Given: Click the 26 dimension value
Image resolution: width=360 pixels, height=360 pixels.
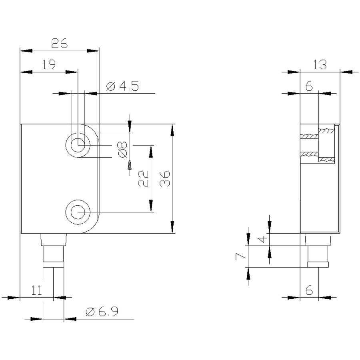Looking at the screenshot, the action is (60, 43).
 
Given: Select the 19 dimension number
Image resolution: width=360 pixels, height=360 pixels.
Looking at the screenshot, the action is (48, 64).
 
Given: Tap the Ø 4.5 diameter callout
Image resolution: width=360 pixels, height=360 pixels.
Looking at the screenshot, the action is (123, 86).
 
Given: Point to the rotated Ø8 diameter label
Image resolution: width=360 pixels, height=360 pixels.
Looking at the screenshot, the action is (122, 150).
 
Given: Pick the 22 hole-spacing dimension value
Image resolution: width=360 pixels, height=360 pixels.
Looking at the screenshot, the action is (143, 178).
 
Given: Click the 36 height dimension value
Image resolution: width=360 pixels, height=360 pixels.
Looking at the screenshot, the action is (165, 178).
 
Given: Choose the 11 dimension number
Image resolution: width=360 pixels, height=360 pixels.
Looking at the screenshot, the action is (36, 290).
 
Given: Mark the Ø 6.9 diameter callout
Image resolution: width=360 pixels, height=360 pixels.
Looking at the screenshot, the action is (102, 312).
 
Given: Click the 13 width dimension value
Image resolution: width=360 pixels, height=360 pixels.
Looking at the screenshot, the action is (320, 64).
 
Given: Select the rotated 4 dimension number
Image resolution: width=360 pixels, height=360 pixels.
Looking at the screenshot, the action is (262, 239).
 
